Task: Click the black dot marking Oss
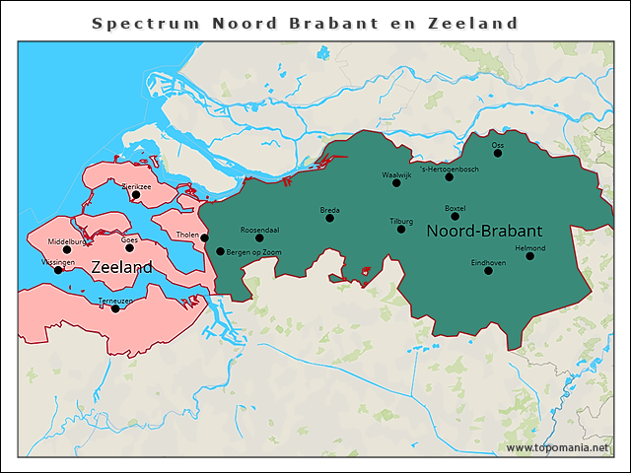click(498, 153)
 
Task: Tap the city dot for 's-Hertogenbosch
click(450, 177)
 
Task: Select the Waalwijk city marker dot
click(396, 182)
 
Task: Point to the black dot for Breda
click(330, 218)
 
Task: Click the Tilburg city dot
click(401, 229)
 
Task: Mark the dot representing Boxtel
click(455, 216)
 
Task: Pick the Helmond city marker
click(529, 255)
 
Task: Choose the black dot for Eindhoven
click(488, 270)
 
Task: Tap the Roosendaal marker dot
click(259, 237)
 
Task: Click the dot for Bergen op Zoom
click(220, 251)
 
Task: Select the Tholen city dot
click(204, 237)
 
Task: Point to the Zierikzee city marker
click(136, 194)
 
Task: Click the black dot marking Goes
click(129, 247)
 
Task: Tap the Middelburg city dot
click(67, 249)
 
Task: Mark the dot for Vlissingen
click(57, 270)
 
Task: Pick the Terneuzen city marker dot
click(115, 308)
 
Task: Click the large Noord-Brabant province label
click(483, 231)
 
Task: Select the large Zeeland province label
click(121, 267)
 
